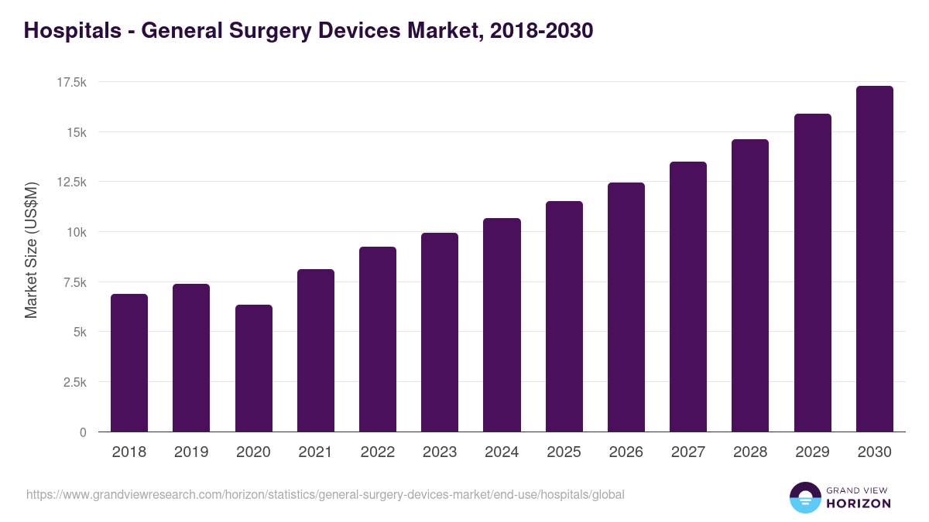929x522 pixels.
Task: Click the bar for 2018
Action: [x=129, y=363]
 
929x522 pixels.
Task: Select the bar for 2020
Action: [x=253, y=368]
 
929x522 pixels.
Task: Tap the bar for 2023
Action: [x=440, y=333]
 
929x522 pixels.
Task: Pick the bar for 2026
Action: [x=626, y=307]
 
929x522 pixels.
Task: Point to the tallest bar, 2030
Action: [x=874, y=259]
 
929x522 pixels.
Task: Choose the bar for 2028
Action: [x=750, y=285]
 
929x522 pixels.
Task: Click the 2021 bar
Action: [x=315, y=350]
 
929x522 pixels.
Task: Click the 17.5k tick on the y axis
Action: [x=70, y=82]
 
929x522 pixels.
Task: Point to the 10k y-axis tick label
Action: [x=75, y=232]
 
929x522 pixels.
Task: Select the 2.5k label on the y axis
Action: [x=74, y=382]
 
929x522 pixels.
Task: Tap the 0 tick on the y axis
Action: [x=83, y=432]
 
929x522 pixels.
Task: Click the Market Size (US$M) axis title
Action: [x=31, y=250]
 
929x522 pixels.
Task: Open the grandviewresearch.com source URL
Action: [x=325, y=494]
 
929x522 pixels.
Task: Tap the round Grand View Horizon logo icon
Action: [x=805, y=497]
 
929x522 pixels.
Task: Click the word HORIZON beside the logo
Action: [x=859, y=503]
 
